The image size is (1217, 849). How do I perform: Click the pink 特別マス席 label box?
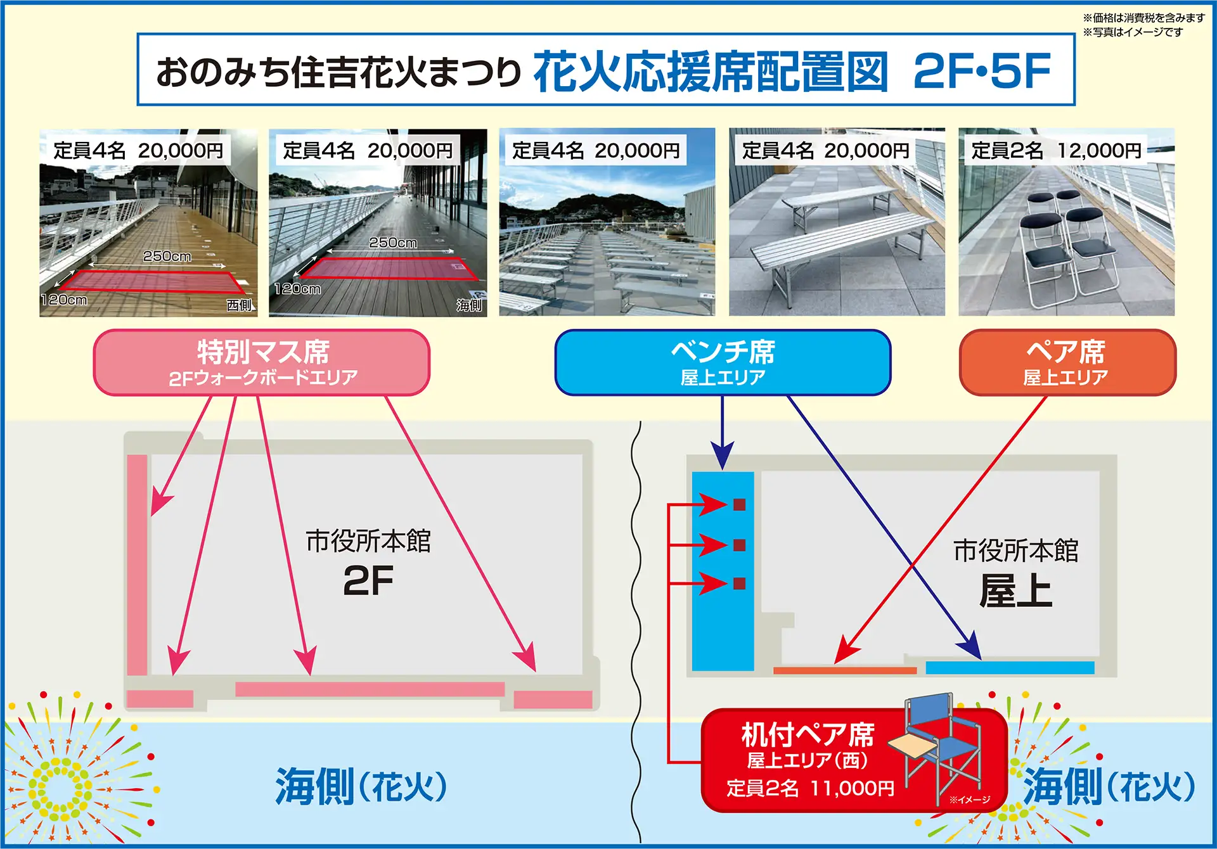pos(261,362)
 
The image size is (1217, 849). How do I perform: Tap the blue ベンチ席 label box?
pos(723,362)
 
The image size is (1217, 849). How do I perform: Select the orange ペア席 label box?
pos(1067,362)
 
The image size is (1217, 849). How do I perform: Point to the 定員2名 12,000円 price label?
pos(1056,151)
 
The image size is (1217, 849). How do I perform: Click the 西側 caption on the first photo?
pos(239,305)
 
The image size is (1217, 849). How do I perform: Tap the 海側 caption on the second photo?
pos(469,305)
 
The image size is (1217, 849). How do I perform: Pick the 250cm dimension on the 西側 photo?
pos(167,256)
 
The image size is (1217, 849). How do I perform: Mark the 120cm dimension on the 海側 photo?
pos(297,289)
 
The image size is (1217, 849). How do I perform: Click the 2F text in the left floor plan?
pos(368,580)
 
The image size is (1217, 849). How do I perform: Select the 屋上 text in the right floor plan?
pos(1015,590)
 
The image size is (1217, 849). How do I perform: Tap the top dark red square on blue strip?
pos(739,504)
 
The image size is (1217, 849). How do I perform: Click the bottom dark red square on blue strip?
pos(739,583)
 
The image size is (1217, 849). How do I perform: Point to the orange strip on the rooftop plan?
pos(845,670)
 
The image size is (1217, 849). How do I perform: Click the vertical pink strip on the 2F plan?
pos(137,564)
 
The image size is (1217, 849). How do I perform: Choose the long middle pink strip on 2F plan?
pos(370,689)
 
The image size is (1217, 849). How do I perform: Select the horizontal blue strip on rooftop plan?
pos(1010,667)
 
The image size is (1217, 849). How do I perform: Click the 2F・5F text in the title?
pos(982,71)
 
